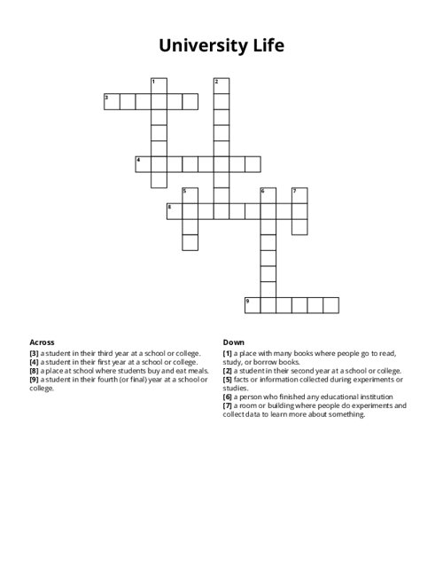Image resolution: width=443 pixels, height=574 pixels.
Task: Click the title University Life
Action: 221,45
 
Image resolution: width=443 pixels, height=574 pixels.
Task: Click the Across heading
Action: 42,342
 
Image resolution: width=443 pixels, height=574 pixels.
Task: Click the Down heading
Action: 234,342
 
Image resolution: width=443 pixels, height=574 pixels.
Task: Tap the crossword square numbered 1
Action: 159,85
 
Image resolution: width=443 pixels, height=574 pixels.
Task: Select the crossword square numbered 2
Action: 221,85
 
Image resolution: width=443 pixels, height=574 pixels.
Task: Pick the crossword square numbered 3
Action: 112,101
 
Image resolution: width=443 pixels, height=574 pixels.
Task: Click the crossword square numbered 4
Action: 143,163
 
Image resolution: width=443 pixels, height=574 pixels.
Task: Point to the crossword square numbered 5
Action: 190,195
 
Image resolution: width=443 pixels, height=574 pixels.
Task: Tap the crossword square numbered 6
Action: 268,195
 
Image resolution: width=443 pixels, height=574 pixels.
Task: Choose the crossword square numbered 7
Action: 299,195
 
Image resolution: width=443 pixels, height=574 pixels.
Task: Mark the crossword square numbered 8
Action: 175,210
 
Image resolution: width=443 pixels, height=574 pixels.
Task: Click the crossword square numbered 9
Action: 253,305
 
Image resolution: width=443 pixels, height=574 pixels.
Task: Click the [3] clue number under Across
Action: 35,353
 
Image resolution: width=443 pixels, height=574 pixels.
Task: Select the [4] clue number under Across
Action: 35,362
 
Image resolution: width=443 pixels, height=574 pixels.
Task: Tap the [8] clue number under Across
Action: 35,370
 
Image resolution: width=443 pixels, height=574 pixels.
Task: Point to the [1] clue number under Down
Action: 228,353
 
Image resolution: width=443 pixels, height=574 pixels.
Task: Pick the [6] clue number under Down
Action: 228,396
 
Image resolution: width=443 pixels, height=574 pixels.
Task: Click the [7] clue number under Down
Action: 228,405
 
